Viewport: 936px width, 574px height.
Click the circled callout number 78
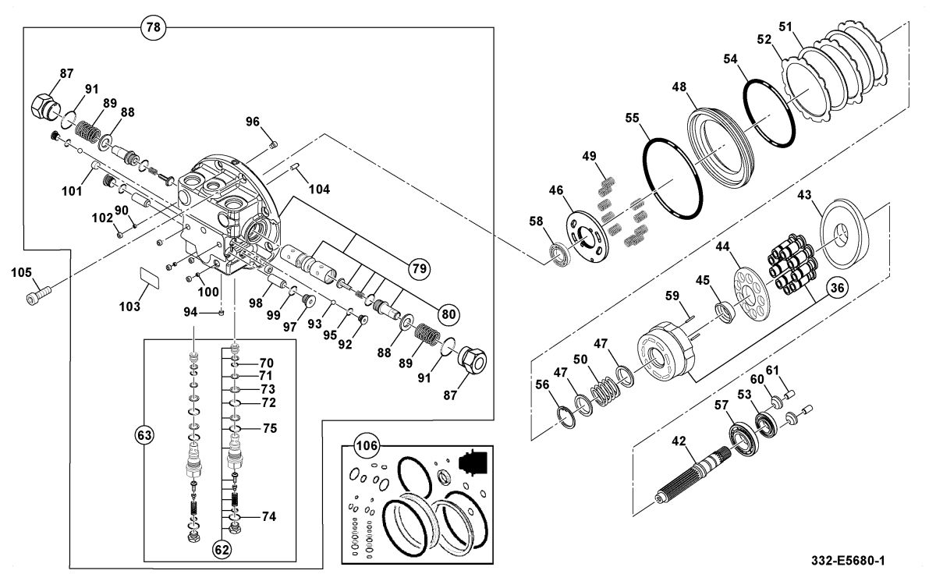[154, 27]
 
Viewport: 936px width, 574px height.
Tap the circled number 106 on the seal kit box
[367, 446]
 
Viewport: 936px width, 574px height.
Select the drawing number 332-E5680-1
[848, 561]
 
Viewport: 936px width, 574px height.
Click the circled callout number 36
[837, 288]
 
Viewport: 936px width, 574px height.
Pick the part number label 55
[633, 119]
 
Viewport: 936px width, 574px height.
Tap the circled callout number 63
[144, 436]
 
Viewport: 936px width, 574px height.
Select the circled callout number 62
[222, 550]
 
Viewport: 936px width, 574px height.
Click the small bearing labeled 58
[559, 256]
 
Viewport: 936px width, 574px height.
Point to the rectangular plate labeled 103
[149, 278]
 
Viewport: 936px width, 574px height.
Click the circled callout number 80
[448, 314]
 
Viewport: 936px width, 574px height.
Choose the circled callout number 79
[419, 268]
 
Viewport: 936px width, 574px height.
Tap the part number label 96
[253, 122]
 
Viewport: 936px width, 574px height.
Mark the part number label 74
[268, 517]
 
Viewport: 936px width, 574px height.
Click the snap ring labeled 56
[566, 417]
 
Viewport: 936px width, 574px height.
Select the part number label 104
[319, 190]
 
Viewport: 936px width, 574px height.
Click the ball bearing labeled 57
[744, 440]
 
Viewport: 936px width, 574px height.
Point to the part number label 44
[722, 246]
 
